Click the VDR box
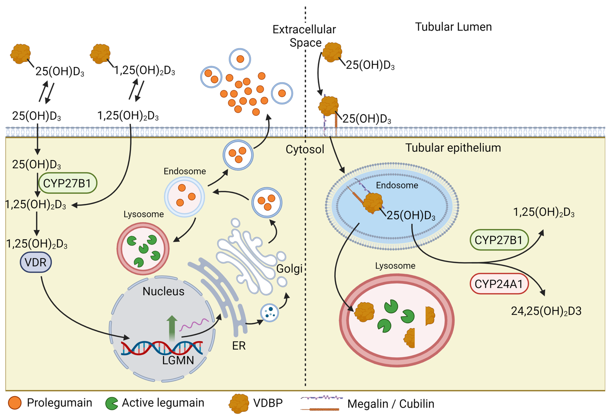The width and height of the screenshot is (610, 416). point(36,262)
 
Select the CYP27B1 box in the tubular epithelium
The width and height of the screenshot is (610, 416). point(499,240)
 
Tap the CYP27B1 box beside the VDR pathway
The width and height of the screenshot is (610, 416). point(67,183)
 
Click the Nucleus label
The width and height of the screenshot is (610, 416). point(163,291)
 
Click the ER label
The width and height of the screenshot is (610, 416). point(239,346)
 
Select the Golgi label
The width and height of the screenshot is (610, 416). point(289,269)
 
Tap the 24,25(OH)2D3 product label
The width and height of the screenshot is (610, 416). point(546,311)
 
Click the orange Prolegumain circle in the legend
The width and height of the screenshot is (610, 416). point(15,403)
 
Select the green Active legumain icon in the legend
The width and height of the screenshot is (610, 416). point(112,403)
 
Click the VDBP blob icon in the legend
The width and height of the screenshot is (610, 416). point(239,403)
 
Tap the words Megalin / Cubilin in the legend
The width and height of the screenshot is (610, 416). point(391,404)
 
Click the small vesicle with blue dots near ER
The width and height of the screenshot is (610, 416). point(269,313)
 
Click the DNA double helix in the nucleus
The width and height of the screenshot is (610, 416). point(161,348)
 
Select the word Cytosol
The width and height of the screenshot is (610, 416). point(305,149)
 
